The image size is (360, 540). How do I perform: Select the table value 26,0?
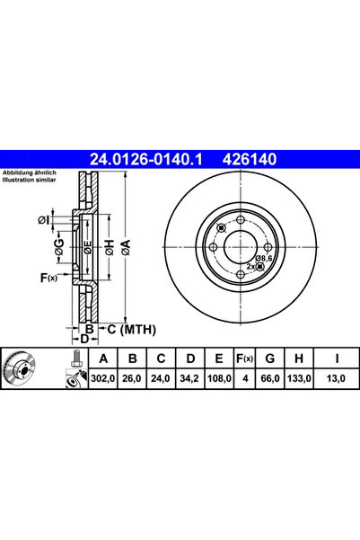135,379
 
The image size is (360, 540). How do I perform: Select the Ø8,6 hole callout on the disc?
262,258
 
